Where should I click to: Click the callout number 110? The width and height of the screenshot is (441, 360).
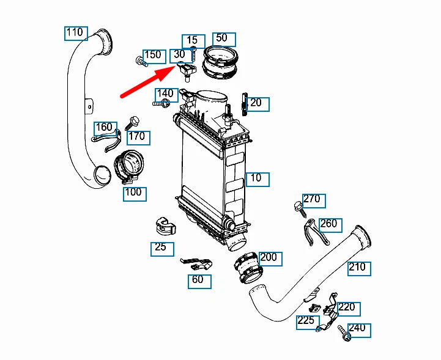tap(76, 32)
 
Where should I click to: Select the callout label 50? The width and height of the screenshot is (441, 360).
tap(221, 38)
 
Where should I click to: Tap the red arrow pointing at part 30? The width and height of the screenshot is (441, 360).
tap(147, 80)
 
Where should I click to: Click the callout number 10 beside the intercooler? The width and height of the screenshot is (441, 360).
tap(256, 178)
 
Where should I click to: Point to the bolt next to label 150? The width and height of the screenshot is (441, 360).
tap(140, 61)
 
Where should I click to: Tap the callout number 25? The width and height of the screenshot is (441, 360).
tap(161, 248)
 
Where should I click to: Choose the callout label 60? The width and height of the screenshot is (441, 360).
tap(199, 281)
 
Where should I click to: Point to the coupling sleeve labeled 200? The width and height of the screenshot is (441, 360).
tap(246, 268)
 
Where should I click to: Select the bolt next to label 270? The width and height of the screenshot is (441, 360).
tap(300, 207)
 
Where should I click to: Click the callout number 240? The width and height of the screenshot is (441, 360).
tap(358, 329)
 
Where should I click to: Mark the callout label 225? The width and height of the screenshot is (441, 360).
tap(307, 321)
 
